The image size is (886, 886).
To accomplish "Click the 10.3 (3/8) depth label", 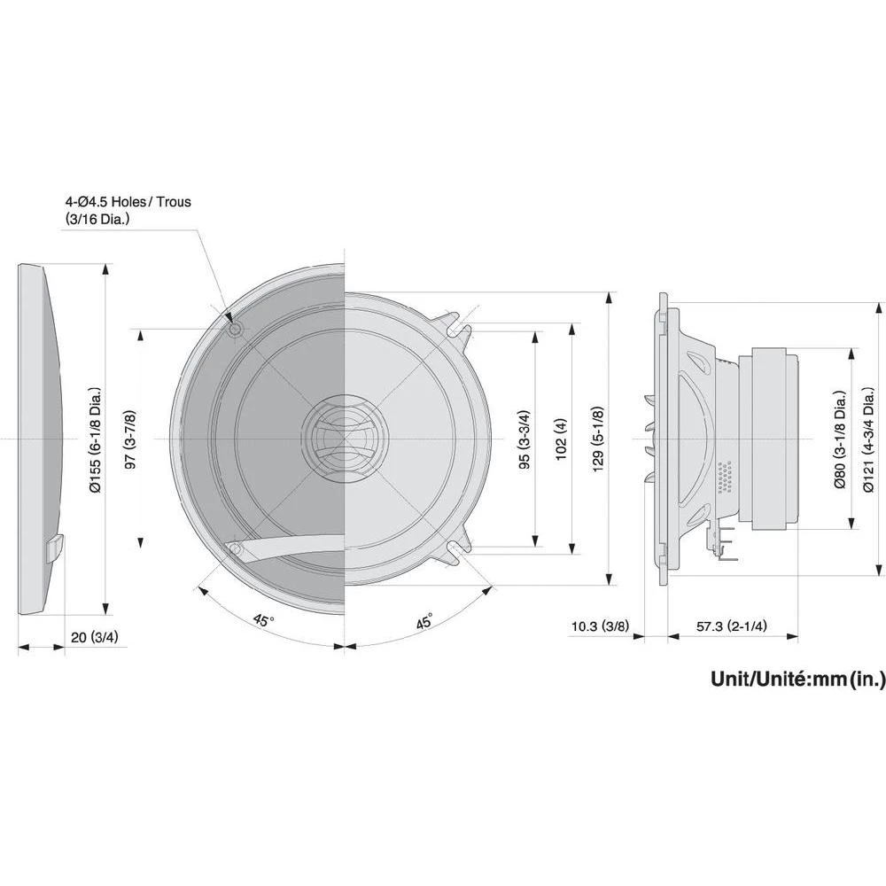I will tap(600, 626).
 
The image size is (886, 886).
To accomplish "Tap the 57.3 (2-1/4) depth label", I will tap(731, 626).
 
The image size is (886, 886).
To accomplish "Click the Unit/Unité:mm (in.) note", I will tap(797, 680).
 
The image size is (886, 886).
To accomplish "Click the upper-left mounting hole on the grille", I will tap(235, 330).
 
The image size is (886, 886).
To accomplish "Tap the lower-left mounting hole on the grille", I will tap(235, 549).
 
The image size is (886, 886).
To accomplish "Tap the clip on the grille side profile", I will tap(52, 547).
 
